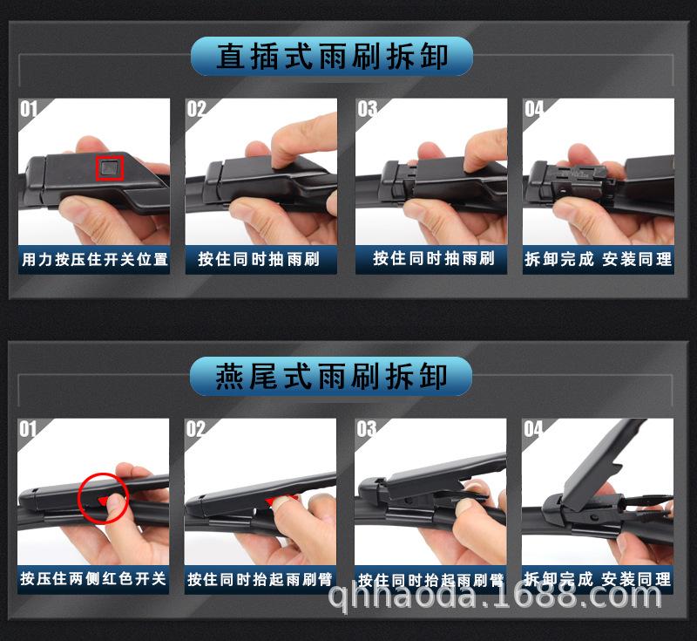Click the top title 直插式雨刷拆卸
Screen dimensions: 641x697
[332, 57]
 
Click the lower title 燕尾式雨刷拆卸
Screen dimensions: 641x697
[332, 377]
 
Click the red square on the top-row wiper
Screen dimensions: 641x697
[109, 166]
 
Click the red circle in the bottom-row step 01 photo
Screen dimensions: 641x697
[103, 498]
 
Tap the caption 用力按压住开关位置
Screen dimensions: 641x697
[94, 259]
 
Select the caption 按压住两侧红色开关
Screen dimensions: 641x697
[94, 578]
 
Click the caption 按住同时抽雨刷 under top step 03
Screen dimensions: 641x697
[433, 258]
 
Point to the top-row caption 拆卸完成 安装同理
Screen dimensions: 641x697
[598, 259]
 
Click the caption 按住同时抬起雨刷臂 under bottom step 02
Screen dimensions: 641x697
[261, 579]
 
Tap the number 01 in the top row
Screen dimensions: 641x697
[30, 109]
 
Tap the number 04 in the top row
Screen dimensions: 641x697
[534, 109]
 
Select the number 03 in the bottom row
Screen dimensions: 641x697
[367, 429]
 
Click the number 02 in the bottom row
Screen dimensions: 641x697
[196, 429]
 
